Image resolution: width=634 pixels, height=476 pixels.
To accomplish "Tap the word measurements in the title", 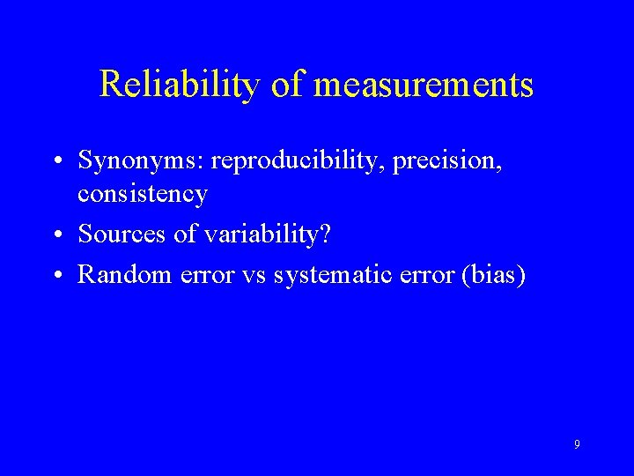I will (424, 85).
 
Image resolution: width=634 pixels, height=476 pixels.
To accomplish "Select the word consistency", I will (143, 193).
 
